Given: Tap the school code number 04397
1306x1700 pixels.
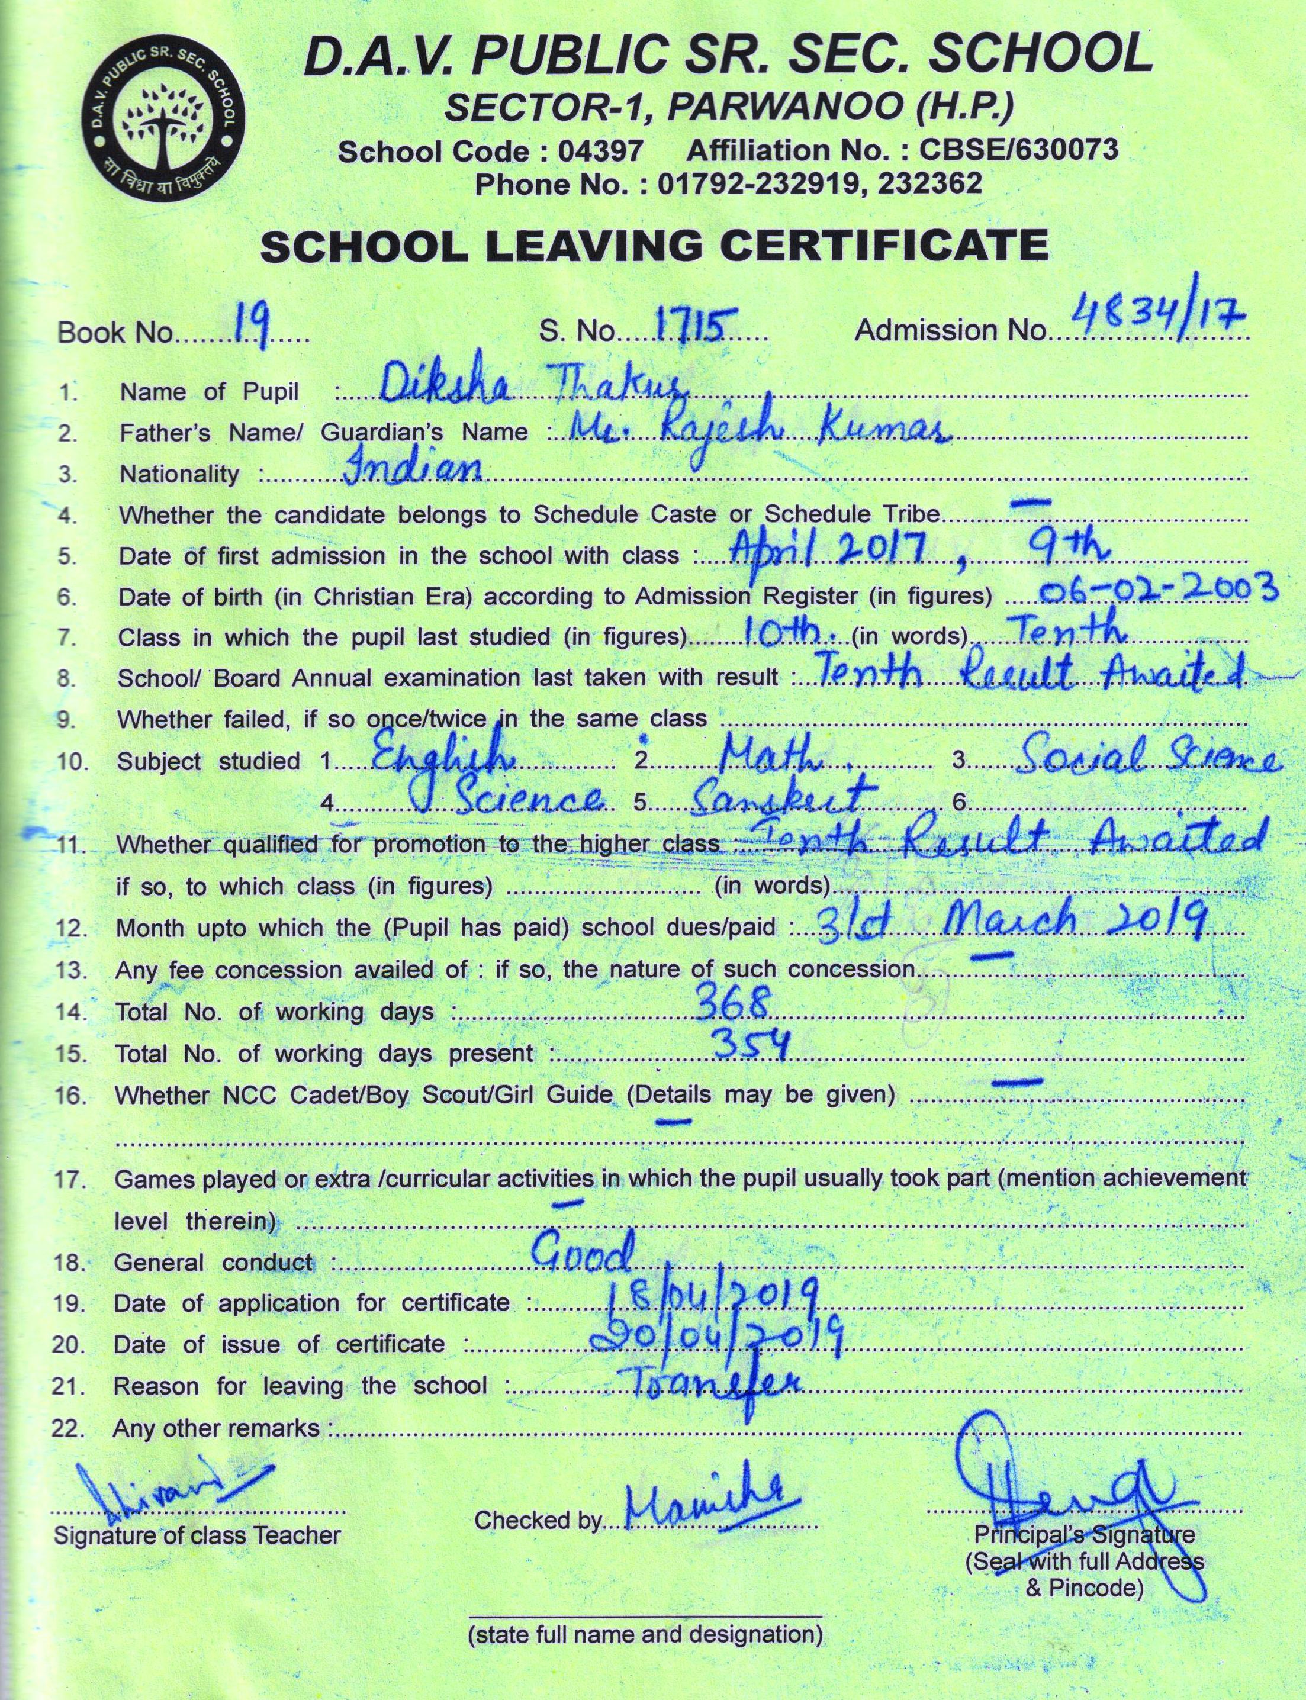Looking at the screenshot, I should (x=600, y=151).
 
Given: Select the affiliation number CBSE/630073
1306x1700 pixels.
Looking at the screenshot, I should (x=1018, y=149).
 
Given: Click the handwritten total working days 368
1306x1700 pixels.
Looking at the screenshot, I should (x=732, y=1003).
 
